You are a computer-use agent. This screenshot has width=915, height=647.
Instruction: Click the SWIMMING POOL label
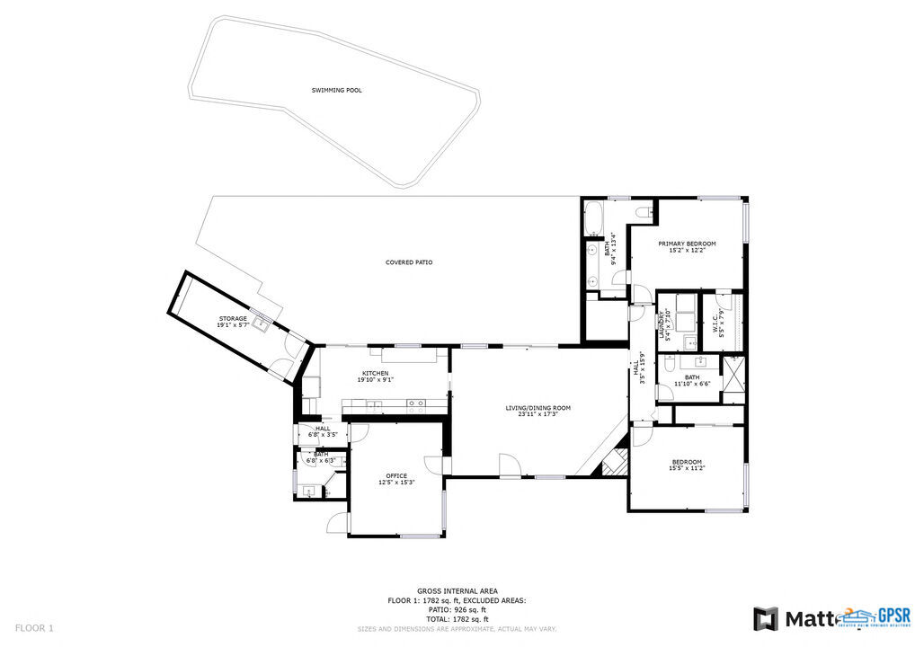point(337,90)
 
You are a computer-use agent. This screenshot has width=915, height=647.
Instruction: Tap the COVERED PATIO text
point(409,262)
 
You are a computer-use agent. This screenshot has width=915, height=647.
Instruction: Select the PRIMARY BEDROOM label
point(687,244)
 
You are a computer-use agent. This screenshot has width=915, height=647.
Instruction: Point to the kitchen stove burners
point(416,403)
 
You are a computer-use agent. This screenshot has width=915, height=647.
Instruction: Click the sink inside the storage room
point(260,321)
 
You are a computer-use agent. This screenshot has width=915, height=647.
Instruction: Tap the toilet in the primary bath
point(642,212)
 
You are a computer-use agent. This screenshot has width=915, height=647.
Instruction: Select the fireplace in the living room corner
point(614,462)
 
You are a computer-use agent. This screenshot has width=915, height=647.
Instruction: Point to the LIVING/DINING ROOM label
point(537,408)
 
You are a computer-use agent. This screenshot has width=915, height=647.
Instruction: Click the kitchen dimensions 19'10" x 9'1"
point(375,379)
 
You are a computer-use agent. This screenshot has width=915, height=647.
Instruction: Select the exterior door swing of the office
point(336,522)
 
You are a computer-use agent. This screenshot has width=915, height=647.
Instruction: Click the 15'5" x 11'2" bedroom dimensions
point(686,468)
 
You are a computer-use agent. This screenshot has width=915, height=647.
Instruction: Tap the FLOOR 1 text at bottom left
point(35,627)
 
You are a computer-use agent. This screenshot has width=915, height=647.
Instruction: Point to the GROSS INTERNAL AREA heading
point(457,590)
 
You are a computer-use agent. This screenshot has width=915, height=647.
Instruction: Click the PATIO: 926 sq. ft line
point(457,609)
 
